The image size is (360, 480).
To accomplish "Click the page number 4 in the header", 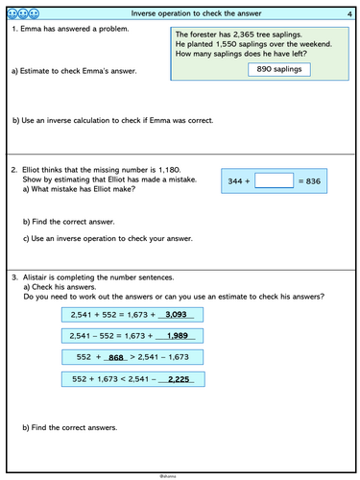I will coord(348,12).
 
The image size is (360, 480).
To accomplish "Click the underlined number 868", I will coord(118,356).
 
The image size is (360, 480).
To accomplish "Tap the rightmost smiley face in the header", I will coord(35,12).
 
